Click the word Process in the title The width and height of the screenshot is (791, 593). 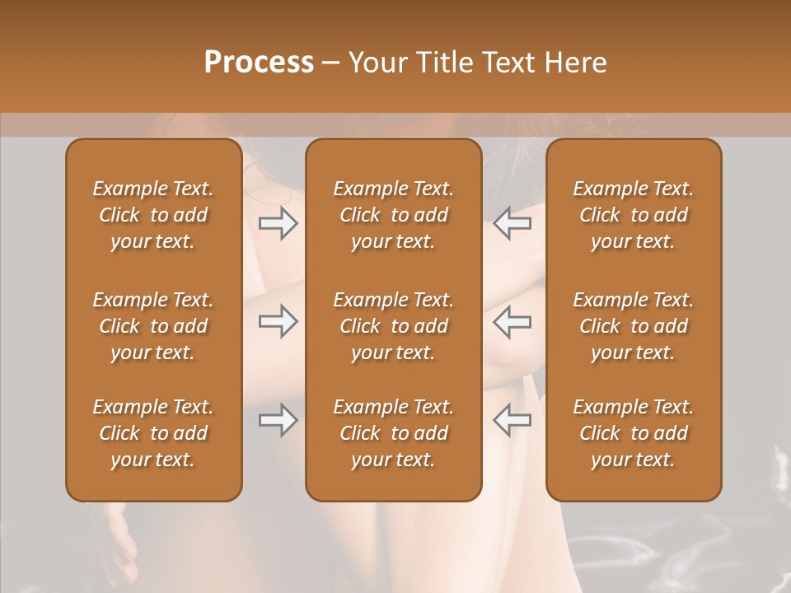tap(259, 63)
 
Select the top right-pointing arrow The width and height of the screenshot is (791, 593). tap(278, 223)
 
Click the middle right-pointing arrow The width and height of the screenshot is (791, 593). tap(278, 321)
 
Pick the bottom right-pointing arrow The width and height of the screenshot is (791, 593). tap(278, 420)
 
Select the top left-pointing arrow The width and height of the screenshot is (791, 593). tap(512, 223)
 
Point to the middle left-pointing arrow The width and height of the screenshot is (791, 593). tap(512, 321)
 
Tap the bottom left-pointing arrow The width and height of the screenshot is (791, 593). tap(512, 420)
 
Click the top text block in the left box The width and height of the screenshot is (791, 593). tap(153, 215)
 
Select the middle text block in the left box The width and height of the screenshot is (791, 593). tap(153, 326)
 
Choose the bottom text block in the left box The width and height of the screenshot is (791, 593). tap(153, 433)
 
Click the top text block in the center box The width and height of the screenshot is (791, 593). tap(393, 215)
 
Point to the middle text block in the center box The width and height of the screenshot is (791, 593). tap(393, 326)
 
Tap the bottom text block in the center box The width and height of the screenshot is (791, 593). tap(393, 433)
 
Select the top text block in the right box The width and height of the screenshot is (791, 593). tap(634, 215)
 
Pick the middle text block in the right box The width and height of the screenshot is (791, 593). tap(634, 326)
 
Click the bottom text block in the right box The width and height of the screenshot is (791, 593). tap(634, 433)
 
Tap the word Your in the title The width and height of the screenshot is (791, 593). tap(376, 63)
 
